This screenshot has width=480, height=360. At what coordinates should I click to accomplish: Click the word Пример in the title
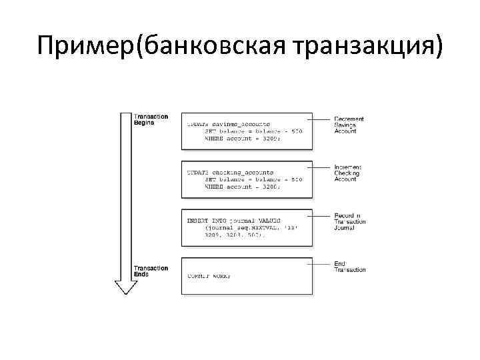86,47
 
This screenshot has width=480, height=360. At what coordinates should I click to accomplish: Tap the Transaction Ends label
151,271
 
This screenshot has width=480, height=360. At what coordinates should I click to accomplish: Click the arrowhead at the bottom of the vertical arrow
125,287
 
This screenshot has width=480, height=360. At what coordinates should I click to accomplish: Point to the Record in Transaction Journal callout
349,221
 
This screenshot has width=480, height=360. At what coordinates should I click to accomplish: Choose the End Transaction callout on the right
349,267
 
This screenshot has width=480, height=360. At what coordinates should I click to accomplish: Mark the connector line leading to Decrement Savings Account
323,119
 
